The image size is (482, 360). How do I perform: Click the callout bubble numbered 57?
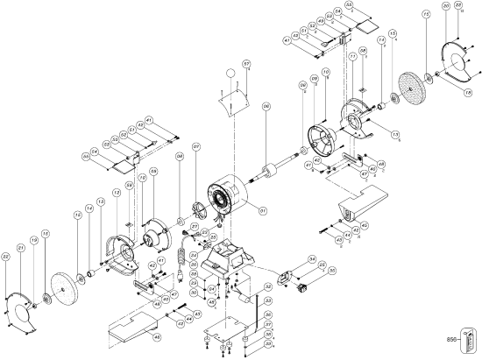tap(247, 65)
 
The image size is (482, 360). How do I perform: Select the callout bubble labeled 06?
tap(266, 107)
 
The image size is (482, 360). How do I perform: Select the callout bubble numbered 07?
tap(197, 146)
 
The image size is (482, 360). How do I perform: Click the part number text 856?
tap(452, 337)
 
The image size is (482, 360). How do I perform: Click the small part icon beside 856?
tap(474, 337)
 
